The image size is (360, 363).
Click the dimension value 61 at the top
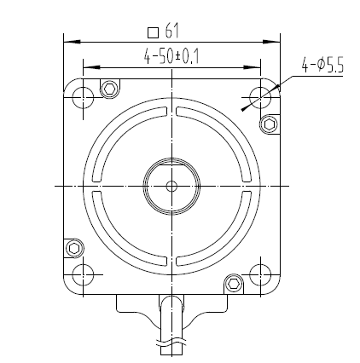click(171, 32)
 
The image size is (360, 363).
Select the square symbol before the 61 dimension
click(153, 32)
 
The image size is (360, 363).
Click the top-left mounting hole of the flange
click(83, 96)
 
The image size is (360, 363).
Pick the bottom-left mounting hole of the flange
click(83, 274)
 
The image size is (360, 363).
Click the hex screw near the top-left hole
click(109, 89)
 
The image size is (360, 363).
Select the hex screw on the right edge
click(270, 124)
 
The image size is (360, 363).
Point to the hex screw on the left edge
click(73, 248)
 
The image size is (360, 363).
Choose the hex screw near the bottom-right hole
click(232, 282)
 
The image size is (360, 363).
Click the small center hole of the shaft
click(171, 185)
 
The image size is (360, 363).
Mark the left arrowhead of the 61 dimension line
click(69, 40)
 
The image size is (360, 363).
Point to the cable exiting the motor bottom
click(171, 328)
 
